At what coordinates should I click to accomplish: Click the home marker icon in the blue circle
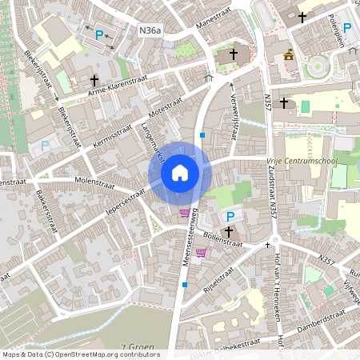pyautogui.click(x=180, y=173)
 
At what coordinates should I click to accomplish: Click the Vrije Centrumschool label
pyautogui.click(x=302, y=160)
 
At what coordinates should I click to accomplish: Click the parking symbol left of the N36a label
pyautogui.click(x=100, y=34)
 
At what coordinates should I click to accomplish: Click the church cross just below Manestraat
pyautogui.click(x=234, y=54)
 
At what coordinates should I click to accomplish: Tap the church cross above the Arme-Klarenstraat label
pyautogui.click(x=94, y=80)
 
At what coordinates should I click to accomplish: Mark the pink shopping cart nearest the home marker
pyautogui.click(x=186, y=213)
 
